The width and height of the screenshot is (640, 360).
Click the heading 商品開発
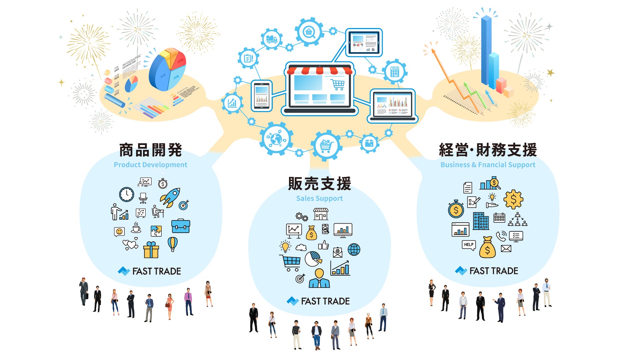(151, 150)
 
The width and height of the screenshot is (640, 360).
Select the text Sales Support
(319, 198)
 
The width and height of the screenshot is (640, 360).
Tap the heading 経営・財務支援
(488, 150)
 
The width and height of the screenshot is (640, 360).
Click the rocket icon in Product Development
(170, 197)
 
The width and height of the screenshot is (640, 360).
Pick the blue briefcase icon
(181, 226)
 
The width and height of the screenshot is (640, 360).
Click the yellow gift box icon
(151, 250)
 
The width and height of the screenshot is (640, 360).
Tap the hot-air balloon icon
(172, 244)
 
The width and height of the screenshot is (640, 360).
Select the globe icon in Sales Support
(354, 249)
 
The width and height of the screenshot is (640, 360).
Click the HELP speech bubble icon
(469, 245)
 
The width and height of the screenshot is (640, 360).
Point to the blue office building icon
(481, 221)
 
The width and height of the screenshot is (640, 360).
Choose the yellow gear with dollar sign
(513, 199)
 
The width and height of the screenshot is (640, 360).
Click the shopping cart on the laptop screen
(338, 84)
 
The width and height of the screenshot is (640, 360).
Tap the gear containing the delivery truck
(272, 39)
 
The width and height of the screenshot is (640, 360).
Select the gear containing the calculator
(395, 71)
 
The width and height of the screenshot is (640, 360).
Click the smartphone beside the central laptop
(262, 96)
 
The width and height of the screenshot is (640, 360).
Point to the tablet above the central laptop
(364, 43)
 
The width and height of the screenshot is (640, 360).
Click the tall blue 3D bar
(486, 50)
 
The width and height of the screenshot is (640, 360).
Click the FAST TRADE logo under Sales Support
(318, 301)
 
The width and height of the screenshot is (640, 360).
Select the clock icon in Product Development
(127, 194)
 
